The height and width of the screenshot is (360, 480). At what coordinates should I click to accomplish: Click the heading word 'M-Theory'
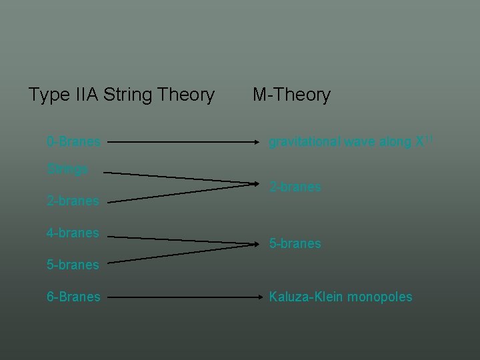tap(291, 95)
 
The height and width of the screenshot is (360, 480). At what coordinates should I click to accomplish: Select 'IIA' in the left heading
tap(83, 95)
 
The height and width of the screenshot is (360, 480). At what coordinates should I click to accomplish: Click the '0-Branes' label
tap(73, 142)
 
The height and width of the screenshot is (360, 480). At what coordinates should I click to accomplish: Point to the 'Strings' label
tap(67, 169)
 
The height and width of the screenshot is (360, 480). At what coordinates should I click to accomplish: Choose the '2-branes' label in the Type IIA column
tap(73, 201)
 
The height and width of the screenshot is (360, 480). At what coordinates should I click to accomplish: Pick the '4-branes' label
tap(73, 233)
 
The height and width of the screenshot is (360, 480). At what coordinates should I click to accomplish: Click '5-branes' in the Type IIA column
tap(73, 265)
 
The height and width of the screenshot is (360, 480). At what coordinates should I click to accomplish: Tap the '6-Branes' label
tap(73, 297)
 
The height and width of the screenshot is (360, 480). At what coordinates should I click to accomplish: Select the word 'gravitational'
tap(305, 142)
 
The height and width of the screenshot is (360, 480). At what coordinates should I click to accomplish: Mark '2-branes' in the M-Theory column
tap(295, 187)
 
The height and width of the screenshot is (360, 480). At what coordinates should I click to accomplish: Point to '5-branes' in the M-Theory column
tap(295, 244)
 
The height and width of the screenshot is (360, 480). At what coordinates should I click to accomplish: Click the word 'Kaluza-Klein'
tap(305, 297)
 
